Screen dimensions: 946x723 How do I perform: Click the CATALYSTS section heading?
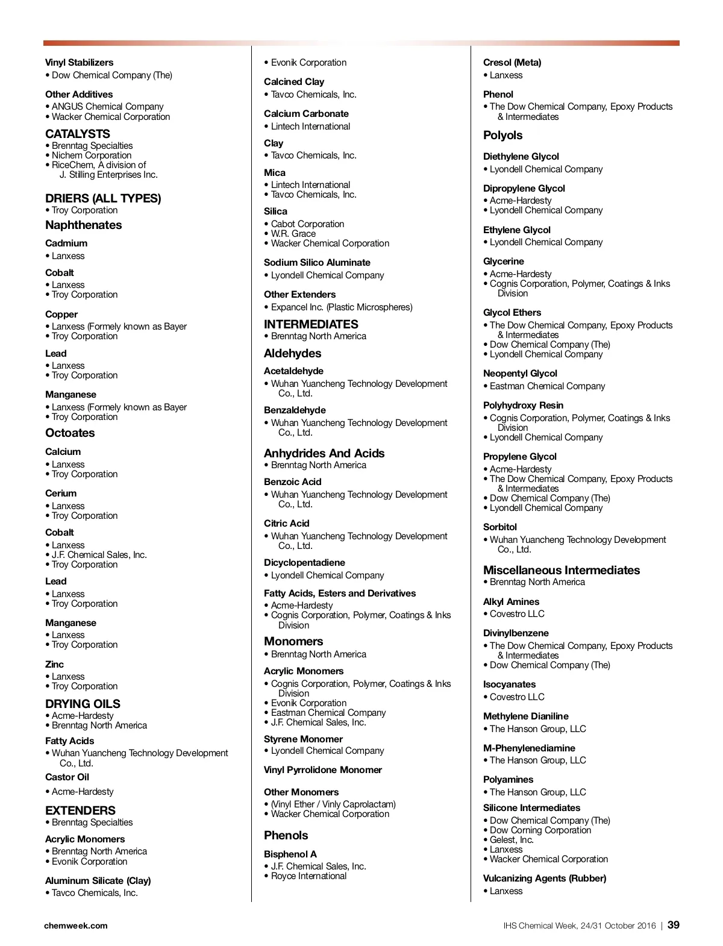78,134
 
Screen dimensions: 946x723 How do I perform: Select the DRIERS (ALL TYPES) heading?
103,198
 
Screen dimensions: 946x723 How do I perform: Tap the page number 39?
673,925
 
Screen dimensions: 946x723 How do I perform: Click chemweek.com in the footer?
76,926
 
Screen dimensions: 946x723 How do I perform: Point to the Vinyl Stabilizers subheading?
79,63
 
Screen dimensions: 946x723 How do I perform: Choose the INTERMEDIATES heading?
311,324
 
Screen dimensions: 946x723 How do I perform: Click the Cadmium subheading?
66,243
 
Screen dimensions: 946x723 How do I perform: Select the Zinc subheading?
54,665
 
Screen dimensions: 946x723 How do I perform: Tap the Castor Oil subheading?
67,777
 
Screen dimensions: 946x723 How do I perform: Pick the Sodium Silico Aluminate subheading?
317,263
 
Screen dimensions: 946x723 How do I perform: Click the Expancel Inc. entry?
342,307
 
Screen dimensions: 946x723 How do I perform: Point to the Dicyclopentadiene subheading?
304,563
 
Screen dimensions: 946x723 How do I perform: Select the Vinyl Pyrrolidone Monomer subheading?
323,770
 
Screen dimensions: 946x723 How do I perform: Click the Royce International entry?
308,876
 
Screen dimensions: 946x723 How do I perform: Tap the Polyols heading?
502,136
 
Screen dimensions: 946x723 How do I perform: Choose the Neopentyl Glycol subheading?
520,374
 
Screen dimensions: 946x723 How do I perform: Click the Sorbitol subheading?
500,527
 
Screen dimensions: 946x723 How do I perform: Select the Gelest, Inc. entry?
512,840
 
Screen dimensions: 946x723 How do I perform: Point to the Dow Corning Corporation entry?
540,830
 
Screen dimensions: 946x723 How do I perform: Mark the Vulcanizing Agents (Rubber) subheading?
545,879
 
